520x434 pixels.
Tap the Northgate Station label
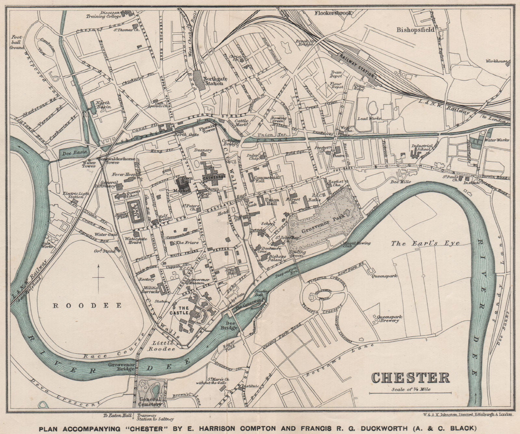click(213, 81)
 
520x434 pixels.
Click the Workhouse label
click(497, 61)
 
